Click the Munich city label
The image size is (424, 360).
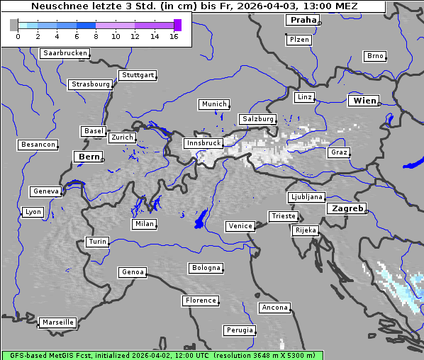click(214, 104)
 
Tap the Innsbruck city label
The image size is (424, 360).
click(203, 143)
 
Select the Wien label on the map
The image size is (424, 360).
click(365, 101)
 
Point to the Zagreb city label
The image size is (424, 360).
click(347, 208)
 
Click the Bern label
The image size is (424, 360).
click(89, 156)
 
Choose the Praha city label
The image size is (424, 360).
click(303, 20)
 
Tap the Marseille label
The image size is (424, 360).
click(57, 322)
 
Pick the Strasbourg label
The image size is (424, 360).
click(91, 84)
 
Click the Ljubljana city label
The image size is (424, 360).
click(306, 197)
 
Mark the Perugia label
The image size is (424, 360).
click(239, 330)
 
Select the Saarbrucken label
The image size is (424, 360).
click(65, 53)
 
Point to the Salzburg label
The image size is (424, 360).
click(257, 119)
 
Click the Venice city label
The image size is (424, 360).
click(240, 226)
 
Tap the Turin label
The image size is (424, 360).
click(97, 242)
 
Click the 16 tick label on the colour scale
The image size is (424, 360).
click(174, 36)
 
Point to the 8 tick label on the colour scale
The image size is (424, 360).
click(96, 36)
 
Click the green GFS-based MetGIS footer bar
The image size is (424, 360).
click(162, 355)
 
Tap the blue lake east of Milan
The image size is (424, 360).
click(201, 219)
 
